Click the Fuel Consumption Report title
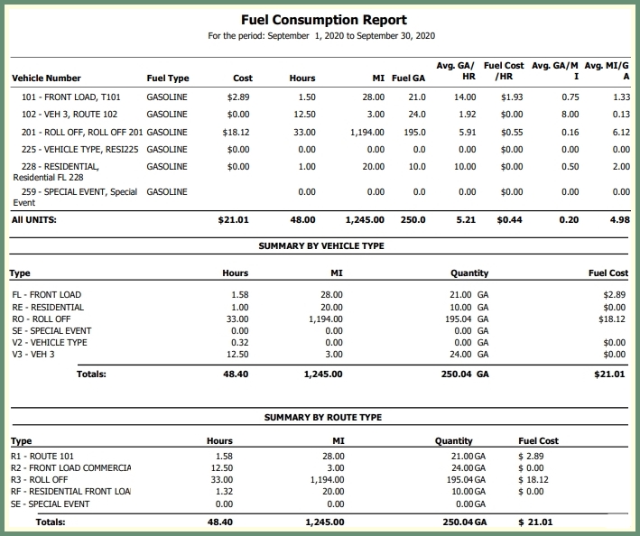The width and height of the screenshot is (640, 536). pyautogui.click(x=324, y=19)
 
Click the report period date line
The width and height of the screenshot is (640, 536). pyautogui.click(x=321, y=36)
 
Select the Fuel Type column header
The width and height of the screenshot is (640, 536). pyautogui.click(x=168, y=79)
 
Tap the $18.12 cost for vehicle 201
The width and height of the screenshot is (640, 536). pyautogui.click(x=238, y=132)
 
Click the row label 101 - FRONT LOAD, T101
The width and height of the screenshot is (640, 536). pyautogui.click(x=71, y=97)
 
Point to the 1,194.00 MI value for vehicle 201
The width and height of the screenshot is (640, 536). pyautogui.click(x=367, y=132)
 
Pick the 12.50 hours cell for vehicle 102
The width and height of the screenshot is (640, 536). pyautogui.click(x=305, y=115)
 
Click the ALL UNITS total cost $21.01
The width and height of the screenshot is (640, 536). pyautogui.click(x=234, y=219)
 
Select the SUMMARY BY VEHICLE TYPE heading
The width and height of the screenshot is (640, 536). pyautogui.click(x=321, y=245)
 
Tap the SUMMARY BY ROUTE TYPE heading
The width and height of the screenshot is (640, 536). pyautogui.click(x=322, y=417)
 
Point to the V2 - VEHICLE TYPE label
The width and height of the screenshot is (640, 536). pyautogui.click(x=50, y=343)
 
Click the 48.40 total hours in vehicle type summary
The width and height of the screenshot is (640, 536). pyautogui.click(x=235, y=374)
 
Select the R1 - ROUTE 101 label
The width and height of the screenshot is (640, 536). pyautogui.click(x=44, y=457)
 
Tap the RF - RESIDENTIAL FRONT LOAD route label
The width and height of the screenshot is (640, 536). pyautogui.click(x=71, y=492)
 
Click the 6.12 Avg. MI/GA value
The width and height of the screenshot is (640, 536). pyautogui.click(x=620, y=132)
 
